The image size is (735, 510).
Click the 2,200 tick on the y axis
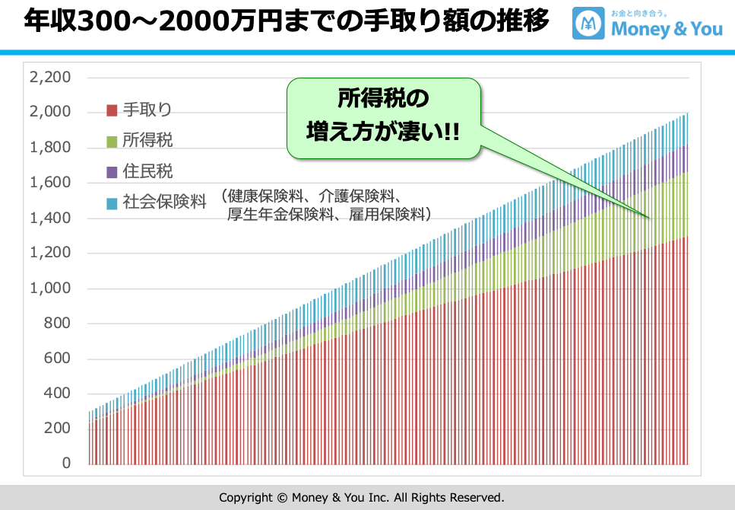49,78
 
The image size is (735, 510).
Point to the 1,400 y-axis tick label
49,218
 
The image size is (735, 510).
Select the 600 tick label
55,359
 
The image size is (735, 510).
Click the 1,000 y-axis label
49,288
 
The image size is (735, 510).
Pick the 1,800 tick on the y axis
49,148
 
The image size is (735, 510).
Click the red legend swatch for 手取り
112,110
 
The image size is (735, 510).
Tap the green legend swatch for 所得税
112,141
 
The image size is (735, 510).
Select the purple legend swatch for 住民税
112,172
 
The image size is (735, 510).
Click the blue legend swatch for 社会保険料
112,203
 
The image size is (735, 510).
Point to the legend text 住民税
147,172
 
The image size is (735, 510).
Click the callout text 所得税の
383,100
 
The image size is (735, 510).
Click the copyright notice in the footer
362,497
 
